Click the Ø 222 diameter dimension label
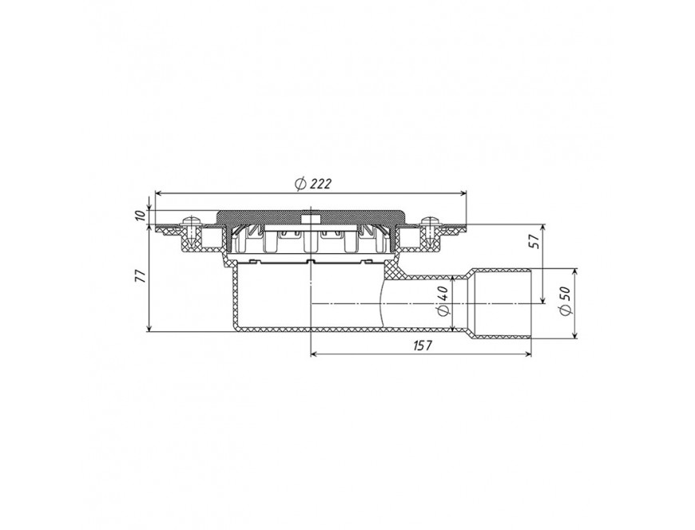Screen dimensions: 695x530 313,183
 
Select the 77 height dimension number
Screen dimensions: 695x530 140,276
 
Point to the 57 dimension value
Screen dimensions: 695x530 535,240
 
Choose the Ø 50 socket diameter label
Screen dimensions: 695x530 566,301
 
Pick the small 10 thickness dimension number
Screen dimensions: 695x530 140,216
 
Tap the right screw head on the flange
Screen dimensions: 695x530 429,220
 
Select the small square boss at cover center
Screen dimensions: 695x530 310,220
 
